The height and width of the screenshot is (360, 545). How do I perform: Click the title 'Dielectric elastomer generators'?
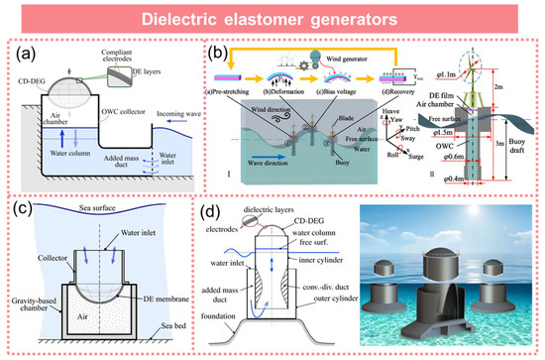pyautogui.click(x=272, y=19)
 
